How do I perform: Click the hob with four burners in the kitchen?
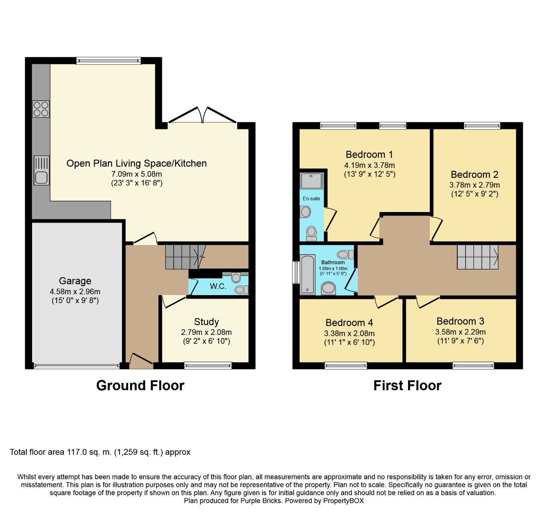coord(41,109)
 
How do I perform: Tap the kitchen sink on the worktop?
coord(42,171)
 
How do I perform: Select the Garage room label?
coord(75,281)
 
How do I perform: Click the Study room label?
coord(206,322)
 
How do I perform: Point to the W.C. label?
coord(218,287)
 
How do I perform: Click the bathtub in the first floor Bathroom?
coord(307,275)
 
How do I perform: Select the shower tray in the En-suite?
coord(311,181)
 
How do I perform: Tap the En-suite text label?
coord(311,199)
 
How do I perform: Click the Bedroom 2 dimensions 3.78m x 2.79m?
coord(474,185)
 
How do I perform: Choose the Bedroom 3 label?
coord(460,321)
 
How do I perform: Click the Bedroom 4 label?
coord(349,323)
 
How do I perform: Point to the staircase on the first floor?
coord(477,257)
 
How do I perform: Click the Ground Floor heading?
coord(140,385)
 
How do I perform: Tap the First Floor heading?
coord(407,385)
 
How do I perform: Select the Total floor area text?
coord(100,452)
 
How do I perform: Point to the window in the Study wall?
coord(208,365)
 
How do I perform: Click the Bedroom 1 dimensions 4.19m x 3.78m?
coord(369,165)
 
